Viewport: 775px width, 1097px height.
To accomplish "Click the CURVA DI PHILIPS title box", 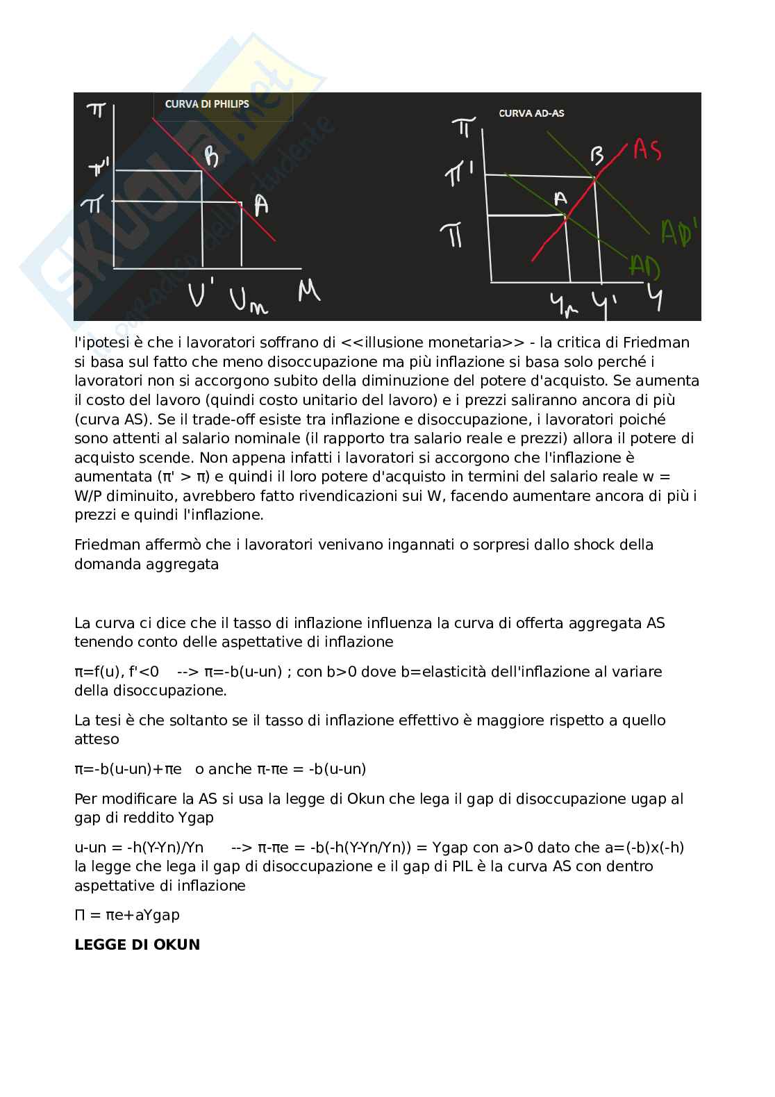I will (x=223, y=106).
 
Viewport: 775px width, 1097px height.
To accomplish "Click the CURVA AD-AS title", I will (x=531, y=113).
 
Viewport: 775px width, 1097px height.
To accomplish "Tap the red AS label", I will (x=647, y=149).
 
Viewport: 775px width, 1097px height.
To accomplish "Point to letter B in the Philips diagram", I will (x=212, y=158).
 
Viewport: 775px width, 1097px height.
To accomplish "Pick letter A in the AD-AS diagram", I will (x=560, y=199).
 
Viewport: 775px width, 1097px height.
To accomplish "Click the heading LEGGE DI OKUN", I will (x=137, y=944).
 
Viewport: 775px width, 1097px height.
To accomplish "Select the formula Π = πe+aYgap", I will (x=127, y=914).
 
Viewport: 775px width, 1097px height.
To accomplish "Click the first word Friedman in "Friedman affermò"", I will (x=103, y=545).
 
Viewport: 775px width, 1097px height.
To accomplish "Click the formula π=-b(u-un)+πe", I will (x=128, y=768).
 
